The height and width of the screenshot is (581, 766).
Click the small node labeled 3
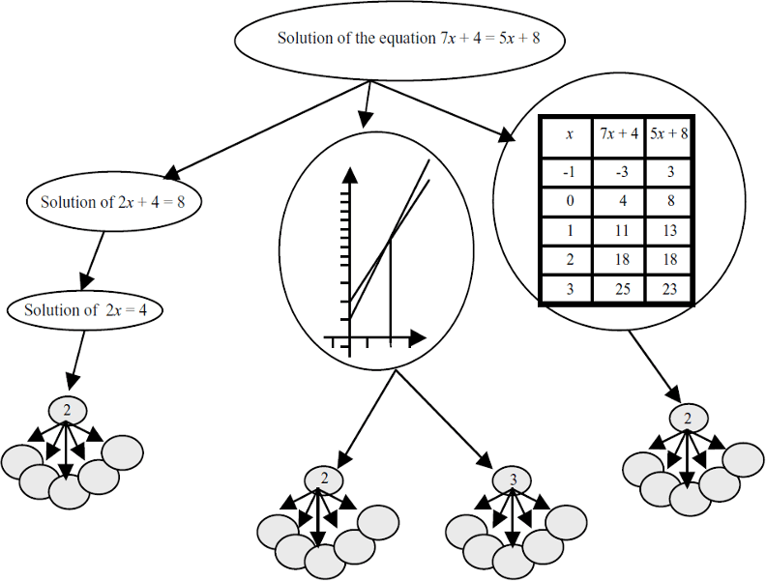coord(514,479)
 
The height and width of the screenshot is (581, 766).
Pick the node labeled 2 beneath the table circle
coord(688,419)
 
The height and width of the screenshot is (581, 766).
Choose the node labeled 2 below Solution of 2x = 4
coord(67,410)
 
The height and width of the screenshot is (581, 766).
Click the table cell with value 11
coord(620,232)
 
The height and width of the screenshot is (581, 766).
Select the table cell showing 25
coord(620,289)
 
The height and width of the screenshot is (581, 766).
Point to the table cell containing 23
coord(669,289)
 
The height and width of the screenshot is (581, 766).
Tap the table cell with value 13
coord(669,232)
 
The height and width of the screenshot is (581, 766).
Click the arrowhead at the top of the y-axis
coord(350,174)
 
